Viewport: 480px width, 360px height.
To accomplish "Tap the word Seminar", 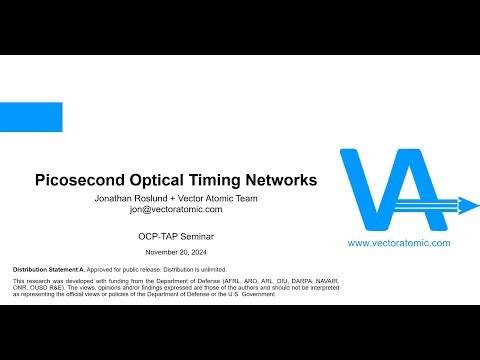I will [197, 236].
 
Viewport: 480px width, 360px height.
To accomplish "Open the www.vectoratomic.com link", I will [399, 243].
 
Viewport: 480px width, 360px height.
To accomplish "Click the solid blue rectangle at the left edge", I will [31, 117].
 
